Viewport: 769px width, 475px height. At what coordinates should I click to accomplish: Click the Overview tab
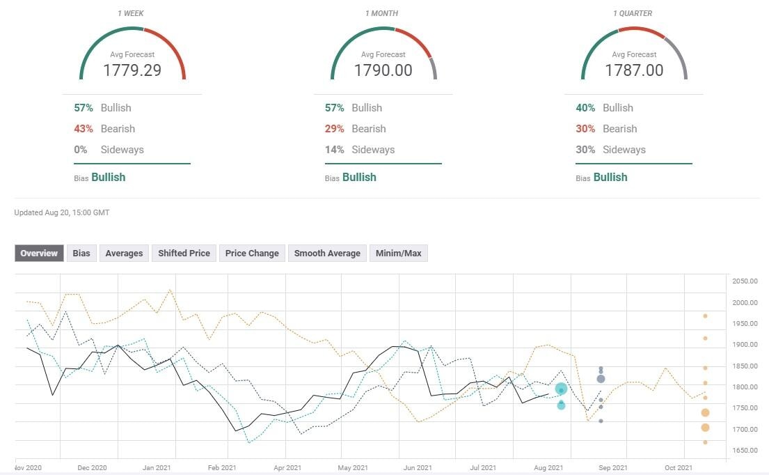click(x=39, y=254)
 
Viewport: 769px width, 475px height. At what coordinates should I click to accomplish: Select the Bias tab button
click(x=81, y=254)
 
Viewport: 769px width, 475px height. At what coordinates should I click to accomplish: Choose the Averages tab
click(x=124, y=254)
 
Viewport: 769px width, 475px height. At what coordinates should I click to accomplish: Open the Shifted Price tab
click(x=184, y=254)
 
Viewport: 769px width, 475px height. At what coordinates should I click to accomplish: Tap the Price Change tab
click(x=252, y=254)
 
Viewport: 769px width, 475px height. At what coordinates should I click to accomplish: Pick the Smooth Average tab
click(x=327, y=254)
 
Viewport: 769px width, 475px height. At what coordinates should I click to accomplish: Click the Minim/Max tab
click(x=398, y=254)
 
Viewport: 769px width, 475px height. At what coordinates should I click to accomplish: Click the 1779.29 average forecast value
click(x=132, y=70)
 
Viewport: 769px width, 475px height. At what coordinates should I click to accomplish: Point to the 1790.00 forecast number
click(x=383, y=70)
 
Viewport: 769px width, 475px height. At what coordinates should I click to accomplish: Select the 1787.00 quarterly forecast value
click(x=633, y=70)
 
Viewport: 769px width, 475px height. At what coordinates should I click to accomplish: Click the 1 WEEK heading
click(x=132, y=13)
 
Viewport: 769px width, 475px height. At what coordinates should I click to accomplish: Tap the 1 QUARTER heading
click(x=633, y=13)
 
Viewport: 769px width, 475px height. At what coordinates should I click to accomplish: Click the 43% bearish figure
click(x=84, y=129)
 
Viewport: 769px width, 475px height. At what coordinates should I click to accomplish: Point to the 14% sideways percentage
click(x=334, y=150)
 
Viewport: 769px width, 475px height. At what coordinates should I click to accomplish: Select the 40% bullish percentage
click(x=585, y=108)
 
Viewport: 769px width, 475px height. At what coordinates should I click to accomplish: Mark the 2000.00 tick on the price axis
click(x=744, y=302)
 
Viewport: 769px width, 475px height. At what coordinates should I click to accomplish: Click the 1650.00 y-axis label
click(x=744, y=451)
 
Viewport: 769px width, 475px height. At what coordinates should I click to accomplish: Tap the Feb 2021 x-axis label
click(x=223, y=467)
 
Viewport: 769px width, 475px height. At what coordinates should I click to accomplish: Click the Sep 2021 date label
click(x=613, y=467)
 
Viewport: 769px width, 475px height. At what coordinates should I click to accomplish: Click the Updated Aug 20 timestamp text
click(x=62, y=212)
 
